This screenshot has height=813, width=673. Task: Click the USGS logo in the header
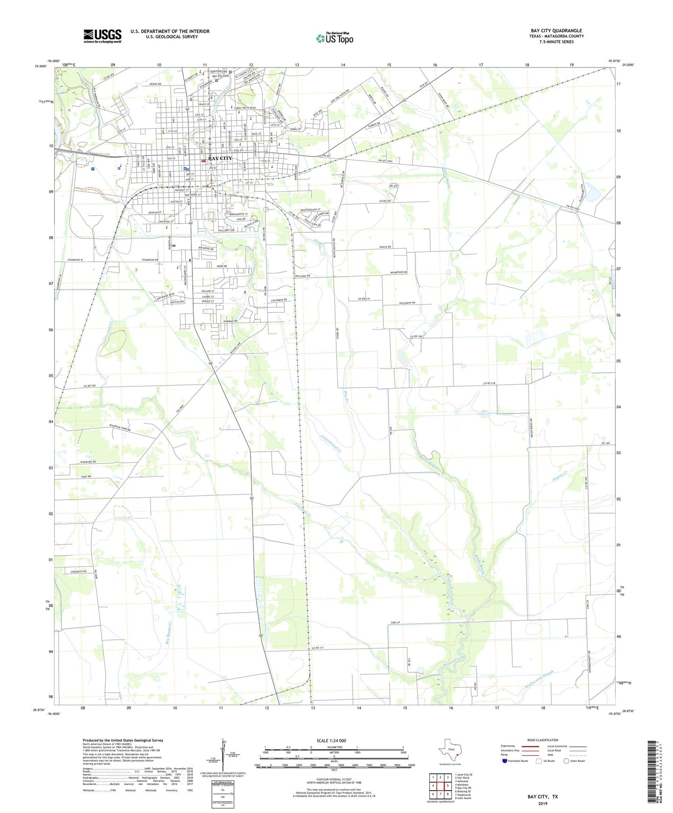[102, 36]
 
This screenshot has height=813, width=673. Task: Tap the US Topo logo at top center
[334, 38]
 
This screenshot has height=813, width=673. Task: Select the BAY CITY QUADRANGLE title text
[556, 31]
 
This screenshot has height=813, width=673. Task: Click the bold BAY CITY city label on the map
[220, 158]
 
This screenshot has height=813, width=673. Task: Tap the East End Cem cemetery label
[218, 71]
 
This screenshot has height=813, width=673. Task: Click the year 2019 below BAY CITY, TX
[543, 804]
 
